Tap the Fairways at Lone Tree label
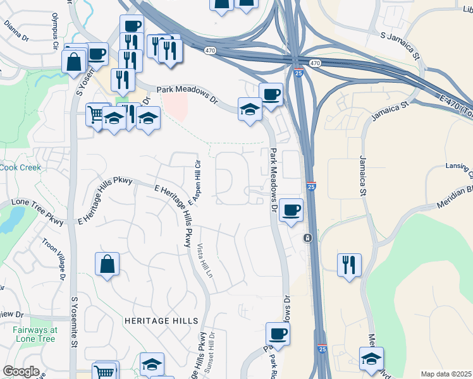[34, 334]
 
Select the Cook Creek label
[20, 167]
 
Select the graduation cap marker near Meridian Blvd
[371, 358]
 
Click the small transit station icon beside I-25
[307, 238]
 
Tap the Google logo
[21, 371]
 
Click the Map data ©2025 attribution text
[446, 374]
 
